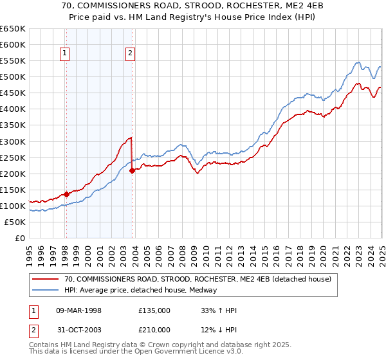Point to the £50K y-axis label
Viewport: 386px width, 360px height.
(x=15, y=222)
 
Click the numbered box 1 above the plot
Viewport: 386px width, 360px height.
(x=66, y=54)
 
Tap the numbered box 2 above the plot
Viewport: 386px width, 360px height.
(x=130, y=54)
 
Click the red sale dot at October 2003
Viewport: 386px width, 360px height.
(x=133, y=170)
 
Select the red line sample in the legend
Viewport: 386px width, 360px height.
(x=45, y=279)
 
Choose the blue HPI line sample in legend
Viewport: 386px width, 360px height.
(x=45, y=290)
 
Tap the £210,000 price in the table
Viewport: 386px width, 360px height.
(x=154, y=330)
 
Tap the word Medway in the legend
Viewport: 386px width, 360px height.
(x=204, y=290)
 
